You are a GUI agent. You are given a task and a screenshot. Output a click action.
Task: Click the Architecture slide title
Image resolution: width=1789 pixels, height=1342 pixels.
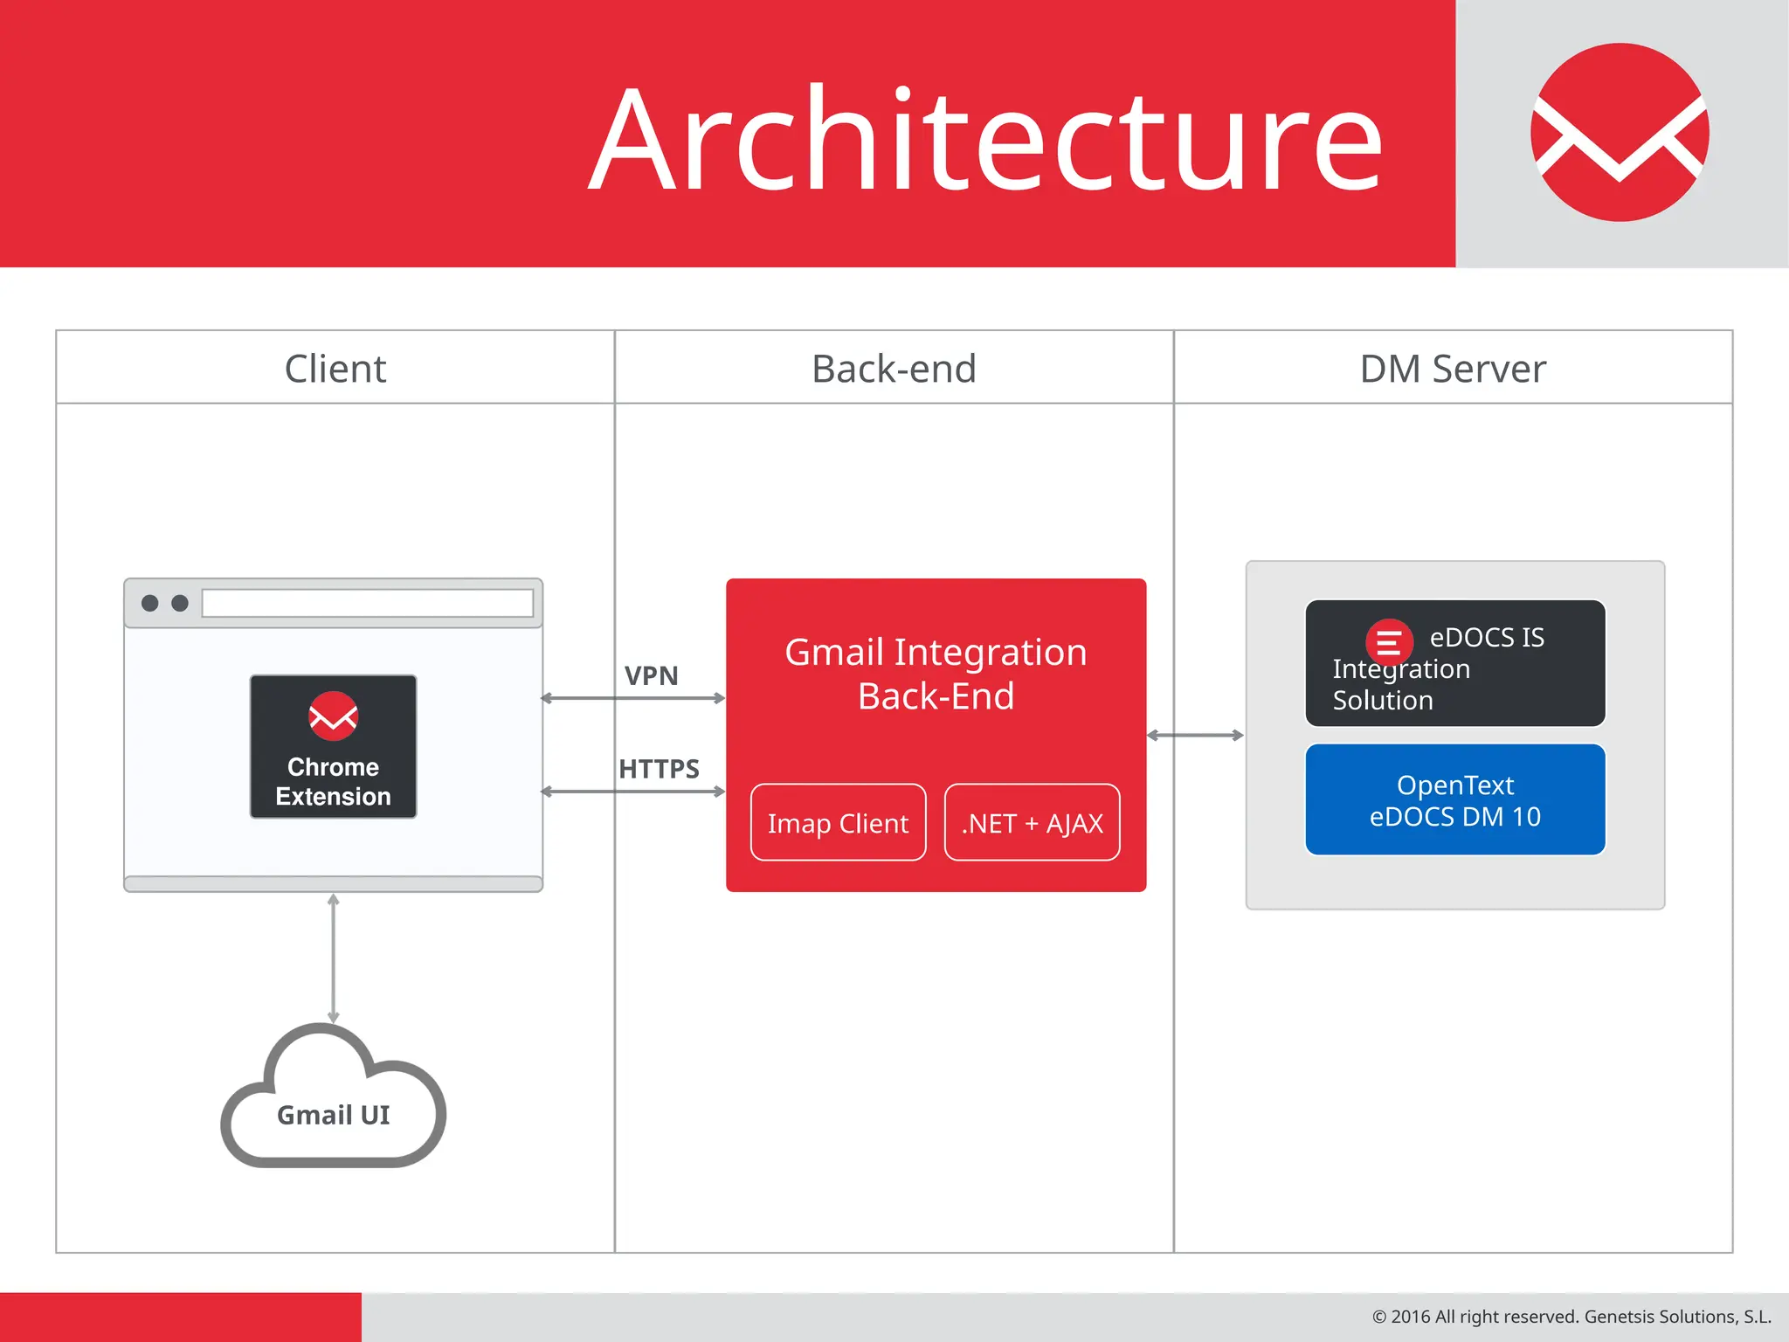(985, 140)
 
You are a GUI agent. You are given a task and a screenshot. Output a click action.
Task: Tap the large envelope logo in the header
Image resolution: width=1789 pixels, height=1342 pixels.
(1620, 133)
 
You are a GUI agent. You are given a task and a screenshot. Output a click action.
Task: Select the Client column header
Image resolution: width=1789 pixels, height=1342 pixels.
(335, 369)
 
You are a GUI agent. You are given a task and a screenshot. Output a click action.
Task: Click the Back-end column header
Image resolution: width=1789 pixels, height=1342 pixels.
(894, 369)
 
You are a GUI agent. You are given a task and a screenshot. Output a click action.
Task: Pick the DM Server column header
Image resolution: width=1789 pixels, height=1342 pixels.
(1453, 369)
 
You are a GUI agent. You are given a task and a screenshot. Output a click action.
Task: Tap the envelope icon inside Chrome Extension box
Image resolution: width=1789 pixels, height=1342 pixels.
(333, 716)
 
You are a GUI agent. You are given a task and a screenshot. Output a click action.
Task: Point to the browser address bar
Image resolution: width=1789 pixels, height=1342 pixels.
(367, 603)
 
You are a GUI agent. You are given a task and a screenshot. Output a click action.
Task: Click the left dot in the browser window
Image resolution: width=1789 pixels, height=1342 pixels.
(150, 603)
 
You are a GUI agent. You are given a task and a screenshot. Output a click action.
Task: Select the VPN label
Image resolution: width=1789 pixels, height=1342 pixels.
(651, 675)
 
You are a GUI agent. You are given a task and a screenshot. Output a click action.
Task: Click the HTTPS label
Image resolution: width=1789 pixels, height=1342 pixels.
(659, 769)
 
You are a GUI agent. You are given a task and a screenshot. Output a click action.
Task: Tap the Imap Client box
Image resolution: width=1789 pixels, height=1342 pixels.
(838, 823)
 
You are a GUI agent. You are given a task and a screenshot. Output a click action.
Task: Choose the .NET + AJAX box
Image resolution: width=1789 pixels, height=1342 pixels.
(1032, 823)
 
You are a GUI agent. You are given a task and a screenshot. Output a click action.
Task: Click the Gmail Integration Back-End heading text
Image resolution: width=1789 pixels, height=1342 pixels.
(936, 674)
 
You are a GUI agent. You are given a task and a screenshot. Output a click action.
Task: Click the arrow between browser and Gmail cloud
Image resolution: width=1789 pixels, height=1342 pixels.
(333, 958)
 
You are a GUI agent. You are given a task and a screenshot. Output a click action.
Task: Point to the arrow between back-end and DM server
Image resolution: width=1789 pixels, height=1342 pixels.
(1195, 736)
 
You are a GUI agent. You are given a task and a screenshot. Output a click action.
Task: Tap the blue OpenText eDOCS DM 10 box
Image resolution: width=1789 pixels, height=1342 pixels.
(1454, 800)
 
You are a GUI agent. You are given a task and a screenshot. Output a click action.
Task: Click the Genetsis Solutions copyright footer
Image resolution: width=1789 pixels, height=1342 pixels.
(1571, 1317)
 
